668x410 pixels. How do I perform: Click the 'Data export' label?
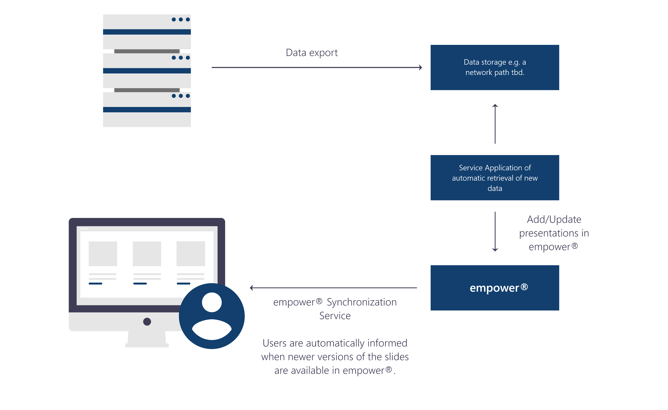tap(311, 53)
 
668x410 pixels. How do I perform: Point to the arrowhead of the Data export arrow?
tap(420, 67)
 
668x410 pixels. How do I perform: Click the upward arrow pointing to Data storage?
tap(495, 124)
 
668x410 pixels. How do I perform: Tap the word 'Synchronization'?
tap(361, 302)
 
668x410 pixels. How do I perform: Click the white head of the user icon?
tap(212, 302)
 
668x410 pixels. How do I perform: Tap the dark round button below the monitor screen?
tap(147, 321)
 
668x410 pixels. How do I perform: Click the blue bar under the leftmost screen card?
tap(95, 284)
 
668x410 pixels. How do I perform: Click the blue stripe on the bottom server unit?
tap(147, 110)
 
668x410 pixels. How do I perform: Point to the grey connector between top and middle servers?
tap(147, 51)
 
